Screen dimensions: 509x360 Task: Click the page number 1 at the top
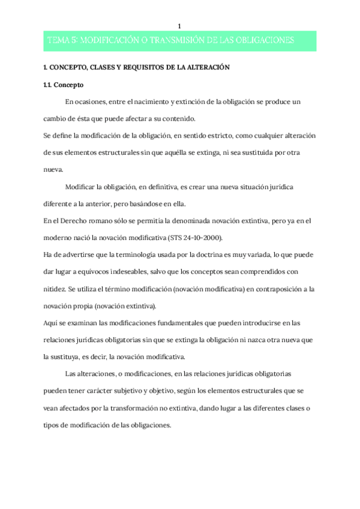pyautogui.click(x=180, y=25)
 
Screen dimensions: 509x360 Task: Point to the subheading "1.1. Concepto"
pyautogui.click(x=64, y=85)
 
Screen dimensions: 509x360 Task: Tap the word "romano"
pyautogui.click(x=94, y=221)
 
